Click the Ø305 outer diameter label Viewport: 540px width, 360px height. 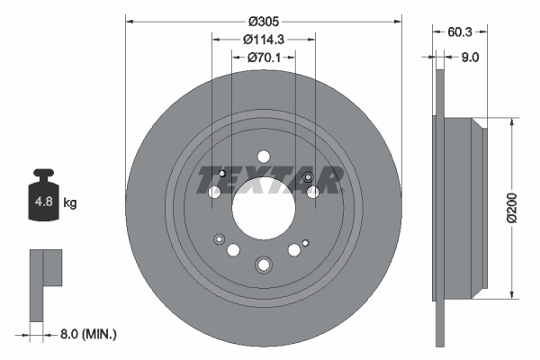(263, 20)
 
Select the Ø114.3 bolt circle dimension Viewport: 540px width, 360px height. (263, 39)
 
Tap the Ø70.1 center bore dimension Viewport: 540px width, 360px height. (263, 58)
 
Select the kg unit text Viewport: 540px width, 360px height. (70, 203)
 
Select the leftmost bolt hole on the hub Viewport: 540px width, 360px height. (215, 192)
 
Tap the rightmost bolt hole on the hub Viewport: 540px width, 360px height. (312, 191)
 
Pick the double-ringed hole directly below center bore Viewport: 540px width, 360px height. (263, 264)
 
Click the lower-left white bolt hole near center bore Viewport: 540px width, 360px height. (234, 249)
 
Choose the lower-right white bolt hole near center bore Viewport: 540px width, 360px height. (293, 250)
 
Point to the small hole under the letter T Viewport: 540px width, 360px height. (222, 173)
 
